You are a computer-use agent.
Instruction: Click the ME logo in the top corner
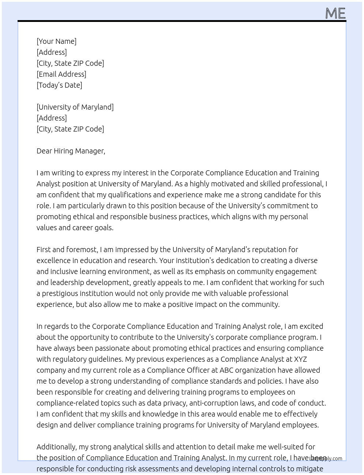pyautogui.click(x=335, y=13)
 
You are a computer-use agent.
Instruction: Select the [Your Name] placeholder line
pyautogui.click(x=56, y=41)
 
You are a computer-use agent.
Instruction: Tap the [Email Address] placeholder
pyautogui.click(x=61, y=74)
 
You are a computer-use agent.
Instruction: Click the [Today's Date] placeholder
pyautogui.click(x=59, y=85)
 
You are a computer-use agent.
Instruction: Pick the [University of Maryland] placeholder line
pyautogui.click(x=75, y=107)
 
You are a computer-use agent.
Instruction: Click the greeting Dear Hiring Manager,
pyautogui.click(x=71, y=151)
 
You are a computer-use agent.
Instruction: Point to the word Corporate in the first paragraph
pyautogui.click(x=187, y=173)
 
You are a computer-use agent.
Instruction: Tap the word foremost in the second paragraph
pyautogui.click(x=81, y=250)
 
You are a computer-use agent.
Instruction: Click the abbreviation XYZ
pyautogui.click(x=300, y=359)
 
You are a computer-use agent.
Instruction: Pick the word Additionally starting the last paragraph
pyautogui.click(x=57, y=447)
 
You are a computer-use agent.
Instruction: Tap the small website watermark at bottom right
pyautogui.click(x=326, y=459)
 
